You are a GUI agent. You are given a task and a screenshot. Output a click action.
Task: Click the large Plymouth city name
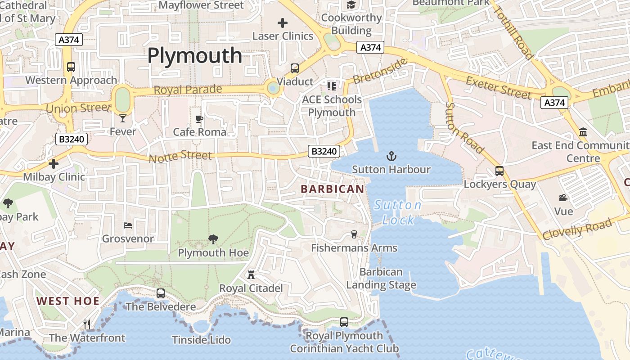[194, 56]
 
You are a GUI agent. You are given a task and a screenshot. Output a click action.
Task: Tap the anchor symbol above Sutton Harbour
[391, 157]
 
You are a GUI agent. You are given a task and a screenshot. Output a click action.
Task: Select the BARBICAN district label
[332, 189]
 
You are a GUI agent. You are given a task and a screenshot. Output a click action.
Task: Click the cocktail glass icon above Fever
[123, 118]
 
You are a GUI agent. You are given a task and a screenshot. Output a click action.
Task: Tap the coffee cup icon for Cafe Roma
[199, 119]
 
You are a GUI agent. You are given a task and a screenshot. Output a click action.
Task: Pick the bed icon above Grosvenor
[128, 225]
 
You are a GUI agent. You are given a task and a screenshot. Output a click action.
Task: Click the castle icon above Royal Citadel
[251, 274]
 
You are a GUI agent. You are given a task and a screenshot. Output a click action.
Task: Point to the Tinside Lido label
[201, 340]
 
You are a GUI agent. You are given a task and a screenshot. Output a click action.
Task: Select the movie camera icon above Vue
[563, 198]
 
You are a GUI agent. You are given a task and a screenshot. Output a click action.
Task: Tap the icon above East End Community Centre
[583, 132]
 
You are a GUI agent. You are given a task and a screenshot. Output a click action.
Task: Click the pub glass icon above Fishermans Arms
[354, 234]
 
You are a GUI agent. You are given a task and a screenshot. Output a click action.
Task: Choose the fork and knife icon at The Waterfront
[87, 324]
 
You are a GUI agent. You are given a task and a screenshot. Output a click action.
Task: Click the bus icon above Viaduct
[295, 68]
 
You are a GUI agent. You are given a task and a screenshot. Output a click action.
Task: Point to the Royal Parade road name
[188, 89]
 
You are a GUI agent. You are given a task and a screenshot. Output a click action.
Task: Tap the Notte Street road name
[180, 157]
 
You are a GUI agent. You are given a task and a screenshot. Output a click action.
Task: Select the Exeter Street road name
[499, 87]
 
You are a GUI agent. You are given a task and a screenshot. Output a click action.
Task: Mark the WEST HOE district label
[67, 301]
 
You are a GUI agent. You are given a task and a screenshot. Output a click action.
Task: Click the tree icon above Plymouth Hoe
[213, 239]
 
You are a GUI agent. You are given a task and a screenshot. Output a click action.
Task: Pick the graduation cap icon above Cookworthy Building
[351, 5]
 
